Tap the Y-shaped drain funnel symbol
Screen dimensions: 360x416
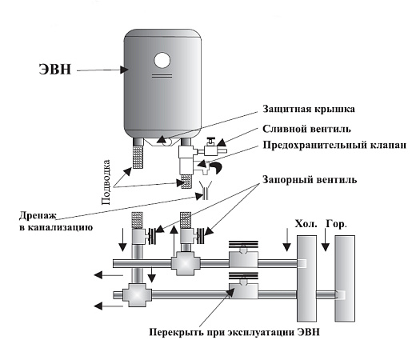210,190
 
